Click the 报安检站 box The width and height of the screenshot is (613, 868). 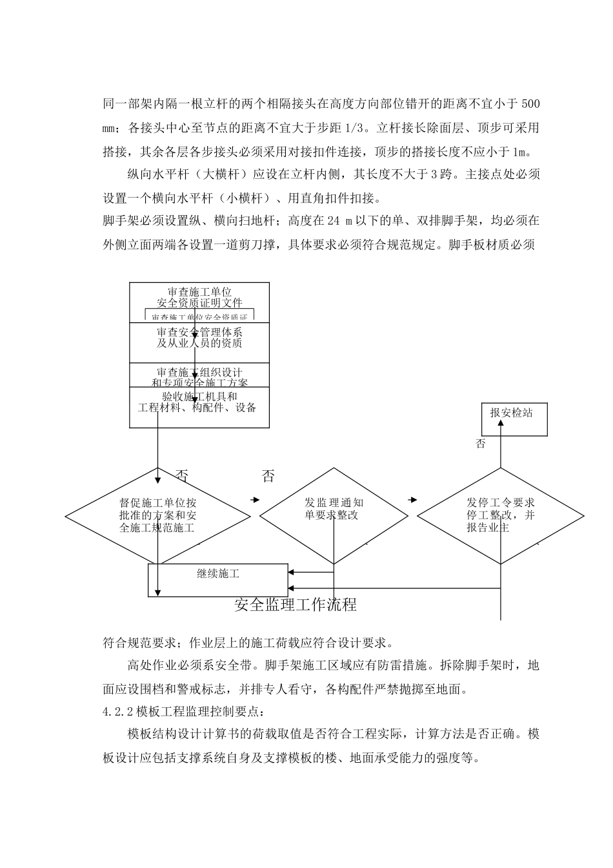point(515,418)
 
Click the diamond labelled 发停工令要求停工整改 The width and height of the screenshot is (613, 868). point(501,515)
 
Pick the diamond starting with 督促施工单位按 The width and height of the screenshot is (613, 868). point(157,515)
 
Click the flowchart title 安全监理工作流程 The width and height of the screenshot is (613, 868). point(296,604)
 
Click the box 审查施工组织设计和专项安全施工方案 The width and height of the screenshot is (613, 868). point(199,375)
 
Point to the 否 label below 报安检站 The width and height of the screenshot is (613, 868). point(481,444)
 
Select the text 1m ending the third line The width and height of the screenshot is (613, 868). point(519,152)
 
